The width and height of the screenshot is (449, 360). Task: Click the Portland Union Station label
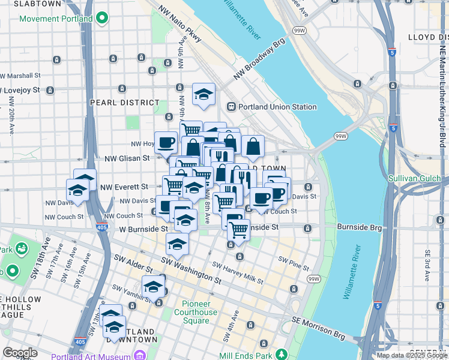[277, 107]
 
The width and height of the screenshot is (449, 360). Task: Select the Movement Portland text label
[56, 19]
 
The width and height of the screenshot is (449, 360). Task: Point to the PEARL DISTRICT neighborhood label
[116, 103]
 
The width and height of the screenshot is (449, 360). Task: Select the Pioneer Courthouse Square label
[196, 312]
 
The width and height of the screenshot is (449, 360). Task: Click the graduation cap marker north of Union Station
[203, 94]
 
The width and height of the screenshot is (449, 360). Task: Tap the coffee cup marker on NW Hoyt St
[166, 143]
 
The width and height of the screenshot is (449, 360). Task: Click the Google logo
[20, 353]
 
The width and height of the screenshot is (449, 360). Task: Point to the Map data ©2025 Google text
[411, 355]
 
